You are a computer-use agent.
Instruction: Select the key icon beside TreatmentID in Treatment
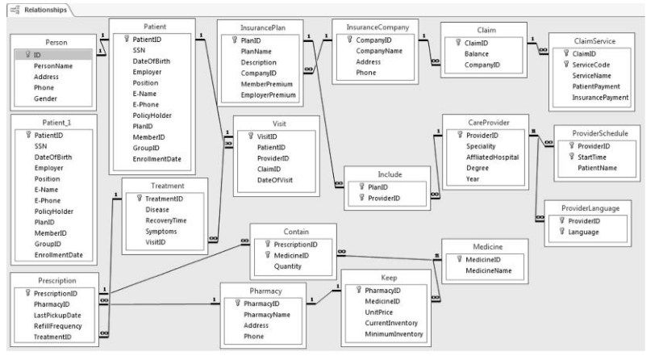[x=139, y=198]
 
